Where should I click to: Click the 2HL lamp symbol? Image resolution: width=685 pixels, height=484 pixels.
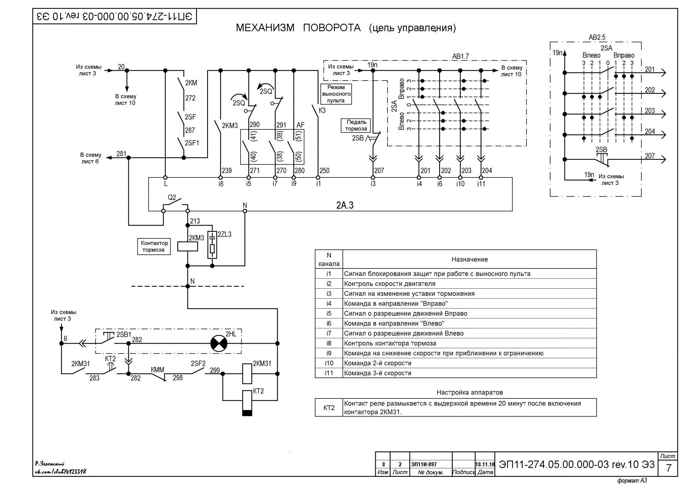point(219,344)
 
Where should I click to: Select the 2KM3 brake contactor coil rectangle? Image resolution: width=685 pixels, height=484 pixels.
point(187,247)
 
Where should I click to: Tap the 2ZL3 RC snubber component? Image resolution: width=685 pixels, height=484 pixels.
point(212,245)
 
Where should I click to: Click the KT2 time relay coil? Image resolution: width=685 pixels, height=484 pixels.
point(247,403)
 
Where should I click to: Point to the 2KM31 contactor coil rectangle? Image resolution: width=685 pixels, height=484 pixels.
point(247,374)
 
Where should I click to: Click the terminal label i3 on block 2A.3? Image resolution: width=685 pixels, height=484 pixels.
point(373,184)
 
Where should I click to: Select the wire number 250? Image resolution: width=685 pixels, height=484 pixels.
point(324,170)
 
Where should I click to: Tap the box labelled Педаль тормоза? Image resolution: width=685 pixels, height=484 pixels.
point(356,125)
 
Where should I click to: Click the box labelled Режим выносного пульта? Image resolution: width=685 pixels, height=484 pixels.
point(336,94)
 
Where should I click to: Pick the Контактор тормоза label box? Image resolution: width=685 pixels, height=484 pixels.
point(154,246)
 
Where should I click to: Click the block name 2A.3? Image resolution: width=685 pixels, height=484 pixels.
point(345,205)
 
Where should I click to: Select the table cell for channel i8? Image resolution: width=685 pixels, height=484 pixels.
point(329,343)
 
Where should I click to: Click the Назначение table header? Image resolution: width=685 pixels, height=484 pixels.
point(470,259)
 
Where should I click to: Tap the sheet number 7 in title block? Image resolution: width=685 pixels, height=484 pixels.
point(669,468)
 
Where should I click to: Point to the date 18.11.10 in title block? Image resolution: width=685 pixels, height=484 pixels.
point(485,464)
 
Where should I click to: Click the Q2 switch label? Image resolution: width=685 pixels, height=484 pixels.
point(172,197)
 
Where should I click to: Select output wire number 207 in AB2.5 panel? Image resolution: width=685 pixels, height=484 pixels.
point(650,156)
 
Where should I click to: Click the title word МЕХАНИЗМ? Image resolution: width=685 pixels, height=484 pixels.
point(265,28)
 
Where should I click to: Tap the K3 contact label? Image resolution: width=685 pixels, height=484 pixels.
point(322,110)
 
